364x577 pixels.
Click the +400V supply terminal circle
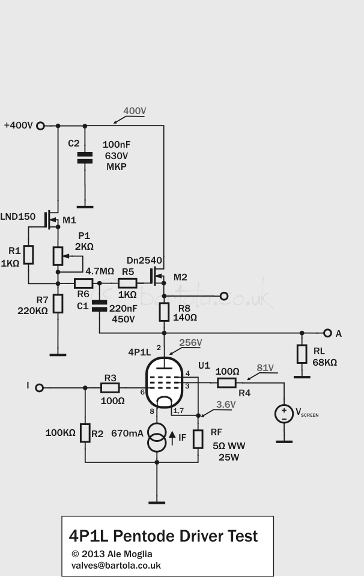tap(41, 125)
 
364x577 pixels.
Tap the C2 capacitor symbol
tap(85, 157)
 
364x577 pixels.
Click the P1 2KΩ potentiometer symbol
tap(58, 256)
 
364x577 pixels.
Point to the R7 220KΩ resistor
tap(58, 304)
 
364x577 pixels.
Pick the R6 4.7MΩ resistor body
tap(83, 283)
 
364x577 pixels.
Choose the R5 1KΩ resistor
tap(127, 283)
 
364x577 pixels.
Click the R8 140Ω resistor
tap(164, 312)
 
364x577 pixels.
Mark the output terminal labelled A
tap(327, 333)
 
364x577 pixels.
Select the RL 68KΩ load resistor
tap(302, 354)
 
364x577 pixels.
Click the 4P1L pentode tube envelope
tap(165, 382)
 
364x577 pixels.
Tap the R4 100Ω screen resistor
tap(226, 382)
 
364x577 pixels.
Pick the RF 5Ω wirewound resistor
tap(198, 438)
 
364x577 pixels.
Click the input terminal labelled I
tap(40, 388)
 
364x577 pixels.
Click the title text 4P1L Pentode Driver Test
tap(163, 536)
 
